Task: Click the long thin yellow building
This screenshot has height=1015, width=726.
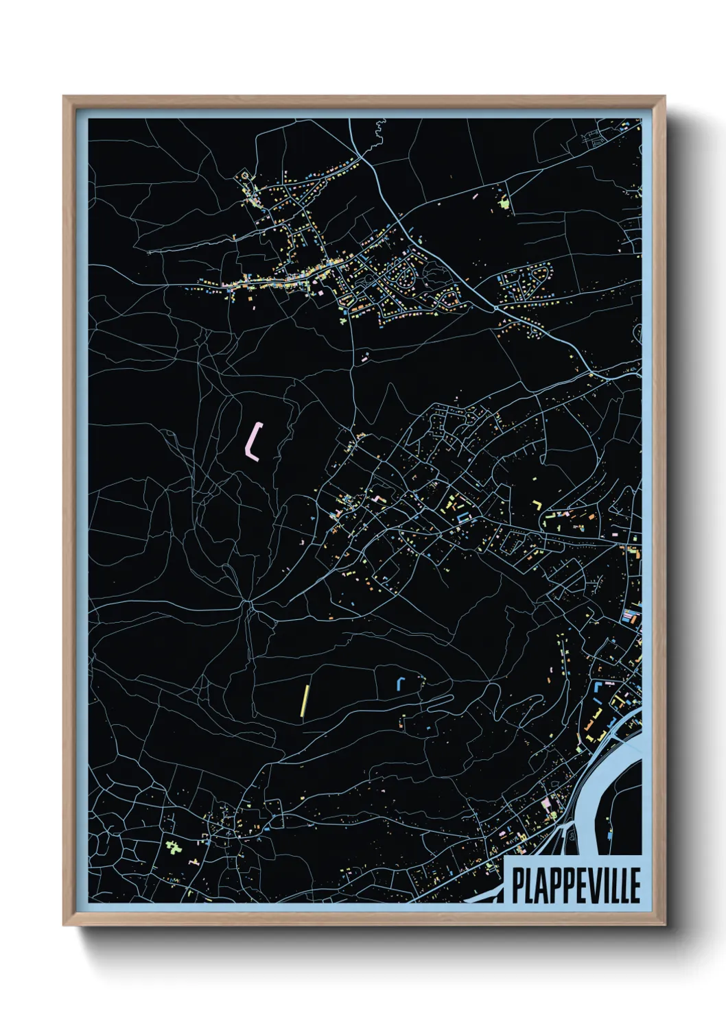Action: pyautogui.click(x=304, y=700)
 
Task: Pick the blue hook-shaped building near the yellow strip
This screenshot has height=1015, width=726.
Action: pyautogui.click(x=399, y=682)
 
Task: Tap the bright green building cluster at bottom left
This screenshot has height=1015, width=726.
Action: pyautogui.click(x=174, y=848)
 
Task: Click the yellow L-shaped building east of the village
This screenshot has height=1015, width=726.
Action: pyautogui.click(x=538, y=505)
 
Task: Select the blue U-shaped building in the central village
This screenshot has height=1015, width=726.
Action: pyautogui.click(x=462, y=516)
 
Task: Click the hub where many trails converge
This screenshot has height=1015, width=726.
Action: pyautogui.click(x=247, y=603)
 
